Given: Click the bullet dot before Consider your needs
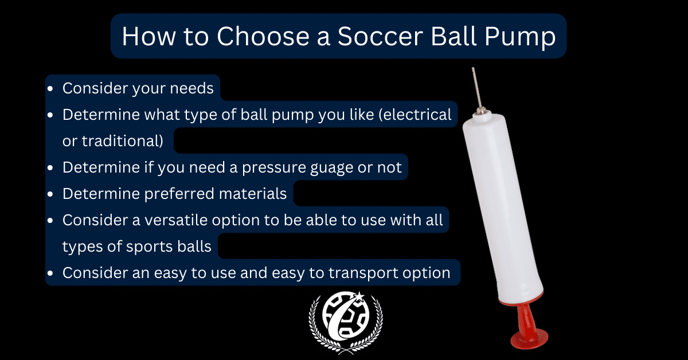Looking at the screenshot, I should pyautogui.click(x=53, y=89).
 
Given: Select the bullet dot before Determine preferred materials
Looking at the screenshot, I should pyautogui.click(x=53, y=194).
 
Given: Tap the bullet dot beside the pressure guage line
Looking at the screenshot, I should pyautogui.click(x=53, y=168).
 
